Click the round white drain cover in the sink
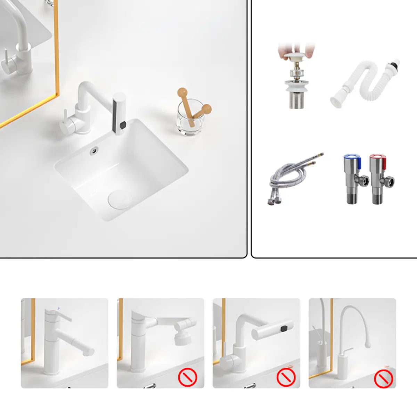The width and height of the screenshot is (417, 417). (x=120, y=198)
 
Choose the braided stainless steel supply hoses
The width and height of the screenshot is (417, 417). (x=294, y=179)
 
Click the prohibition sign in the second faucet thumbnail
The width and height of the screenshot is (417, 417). (x=188, y=377)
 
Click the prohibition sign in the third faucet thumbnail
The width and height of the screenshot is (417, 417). (x=286, y=377)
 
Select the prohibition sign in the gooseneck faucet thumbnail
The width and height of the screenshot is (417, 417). (x=383, y=378)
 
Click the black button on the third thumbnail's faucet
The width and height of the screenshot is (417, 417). (x=285, y=328)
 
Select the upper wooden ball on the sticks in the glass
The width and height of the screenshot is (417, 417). (x=182, y=92)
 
